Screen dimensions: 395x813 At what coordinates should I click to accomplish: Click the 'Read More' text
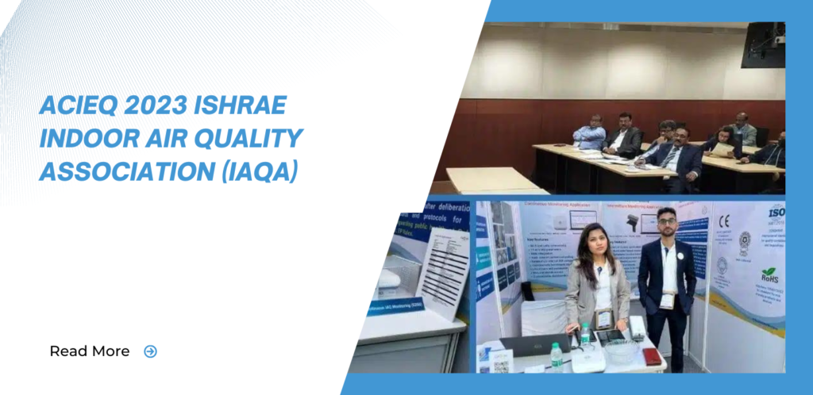89,351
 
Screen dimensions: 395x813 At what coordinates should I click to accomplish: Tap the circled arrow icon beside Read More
150,351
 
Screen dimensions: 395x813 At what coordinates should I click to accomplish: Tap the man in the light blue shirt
590,135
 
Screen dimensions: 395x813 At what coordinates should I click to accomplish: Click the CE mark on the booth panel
723,222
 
